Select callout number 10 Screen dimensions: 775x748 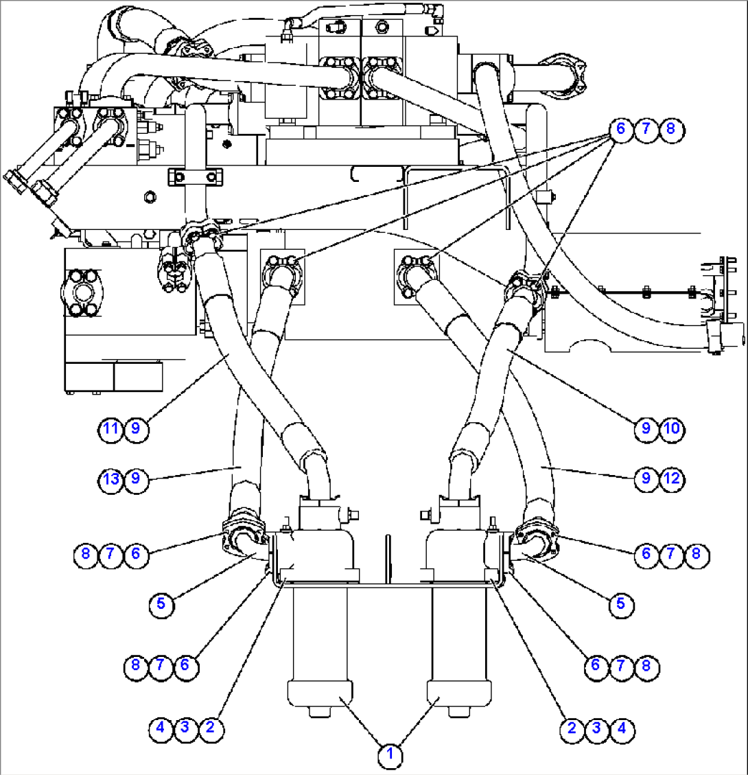(x=671, y=429)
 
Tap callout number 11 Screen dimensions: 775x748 (x=110, y=429)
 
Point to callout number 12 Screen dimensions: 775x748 (x=671, y=478)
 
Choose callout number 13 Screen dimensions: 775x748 (x=110, y=478)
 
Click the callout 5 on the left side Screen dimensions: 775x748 (x=161, y=603)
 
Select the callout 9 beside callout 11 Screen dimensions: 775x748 (x=136, y=429)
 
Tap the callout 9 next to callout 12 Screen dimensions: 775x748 (x=646, y=478)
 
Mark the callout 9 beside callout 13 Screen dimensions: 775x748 (x=136, y=478)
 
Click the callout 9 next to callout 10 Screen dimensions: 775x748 (x=646, y=429)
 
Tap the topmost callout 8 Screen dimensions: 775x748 (x=671, y=128)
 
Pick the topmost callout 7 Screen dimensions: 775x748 (x=646, y=128)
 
